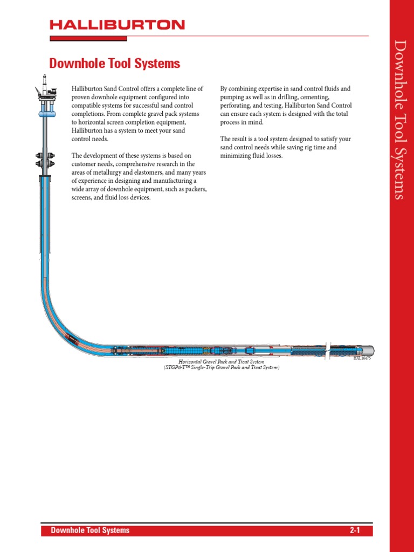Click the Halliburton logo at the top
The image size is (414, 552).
(x=117, y=25)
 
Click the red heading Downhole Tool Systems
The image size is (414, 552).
(x=114, y=64)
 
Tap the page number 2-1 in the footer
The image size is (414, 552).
(x=354, y=530)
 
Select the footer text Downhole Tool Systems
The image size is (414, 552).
(x=90, y=530)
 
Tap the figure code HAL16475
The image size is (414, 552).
(x=362, y=358)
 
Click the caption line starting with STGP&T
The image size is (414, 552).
(x=222, y=368)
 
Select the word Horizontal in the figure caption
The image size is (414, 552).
(x=191, y=362)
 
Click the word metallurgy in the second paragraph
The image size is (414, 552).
(x=116, y=172)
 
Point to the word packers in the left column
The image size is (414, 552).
(x=197, y=189)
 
